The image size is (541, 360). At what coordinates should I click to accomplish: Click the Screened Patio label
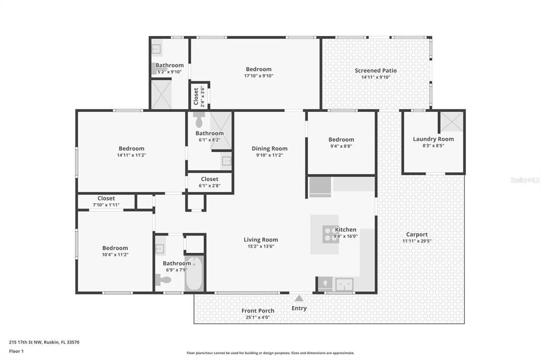tap(375, 71)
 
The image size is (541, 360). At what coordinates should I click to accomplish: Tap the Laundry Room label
tap(433, 139)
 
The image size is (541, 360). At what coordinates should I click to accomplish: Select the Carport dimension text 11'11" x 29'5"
tap(417, 241)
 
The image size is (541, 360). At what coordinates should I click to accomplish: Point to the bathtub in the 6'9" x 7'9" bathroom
tap(194, 274)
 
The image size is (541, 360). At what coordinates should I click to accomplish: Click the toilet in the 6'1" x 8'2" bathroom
tap(199, 120)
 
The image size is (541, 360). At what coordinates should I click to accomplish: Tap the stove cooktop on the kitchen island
tap(330, 234)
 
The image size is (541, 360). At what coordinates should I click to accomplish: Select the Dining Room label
tap(269, 149)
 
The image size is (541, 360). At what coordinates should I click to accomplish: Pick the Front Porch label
tap(258, 311)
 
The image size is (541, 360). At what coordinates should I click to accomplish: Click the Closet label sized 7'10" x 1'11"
tap(106, 198)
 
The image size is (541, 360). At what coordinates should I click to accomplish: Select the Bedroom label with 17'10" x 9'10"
tap(258, 69)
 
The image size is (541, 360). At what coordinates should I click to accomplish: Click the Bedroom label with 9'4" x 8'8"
tap(341, 140)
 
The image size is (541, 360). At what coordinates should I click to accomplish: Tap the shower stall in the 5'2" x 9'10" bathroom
tap(161, 94)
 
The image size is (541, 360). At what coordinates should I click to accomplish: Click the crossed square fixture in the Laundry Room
tap(451, 121)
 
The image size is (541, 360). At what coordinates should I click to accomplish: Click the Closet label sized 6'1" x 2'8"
tap(209, 179)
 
